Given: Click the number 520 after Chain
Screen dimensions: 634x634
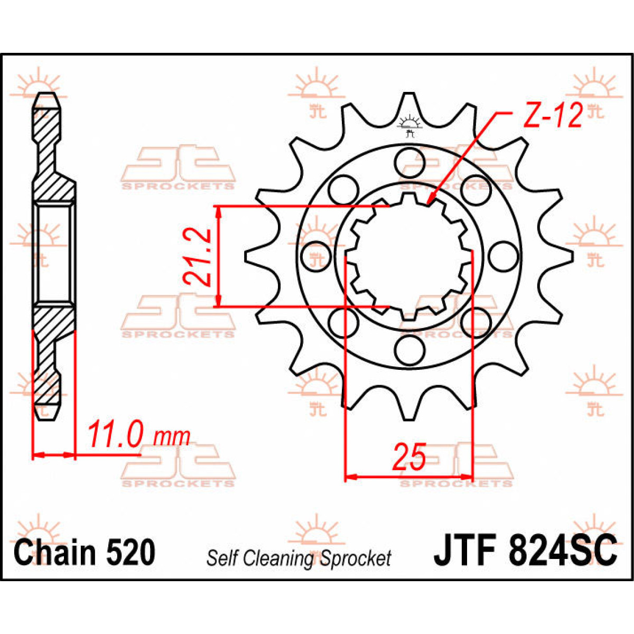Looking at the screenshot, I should tap(130, 553).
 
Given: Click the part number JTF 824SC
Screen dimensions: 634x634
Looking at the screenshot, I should tap(525, 551).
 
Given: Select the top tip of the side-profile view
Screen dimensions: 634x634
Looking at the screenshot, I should tap(48, 96).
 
